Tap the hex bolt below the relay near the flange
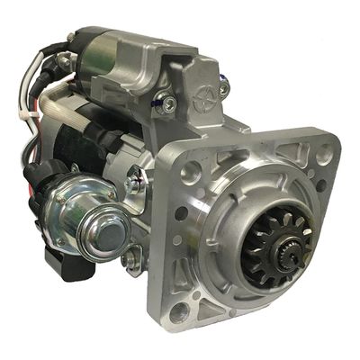click(132, 261)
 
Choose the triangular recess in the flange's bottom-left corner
click(202, 297)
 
